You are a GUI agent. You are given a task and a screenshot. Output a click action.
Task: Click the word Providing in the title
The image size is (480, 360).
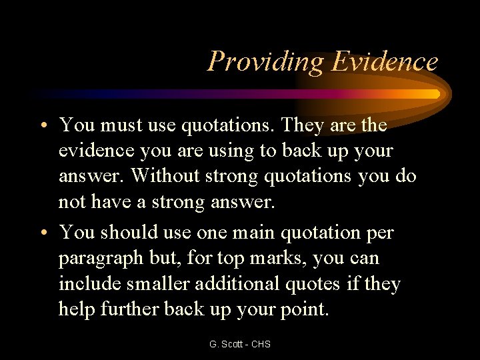265,62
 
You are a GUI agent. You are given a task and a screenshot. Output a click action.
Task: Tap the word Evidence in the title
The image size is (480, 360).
385,61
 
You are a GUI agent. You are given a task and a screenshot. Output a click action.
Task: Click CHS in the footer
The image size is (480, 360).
261,344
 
